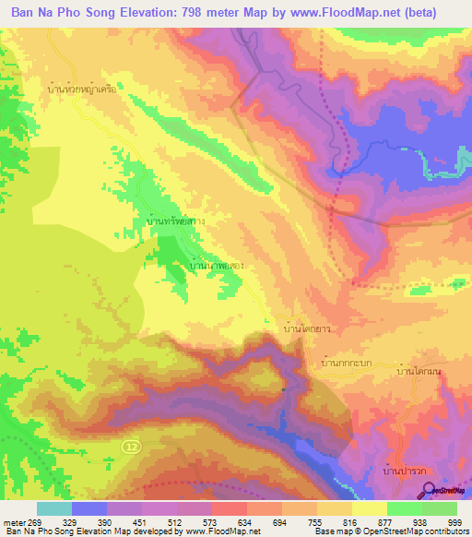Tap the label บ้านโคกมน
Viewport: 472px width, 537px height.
pyautogui.click(x=419, y=371)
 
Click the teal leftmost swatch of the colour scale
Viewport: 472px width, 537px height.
pyautogui.click(x=54, y=508)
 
